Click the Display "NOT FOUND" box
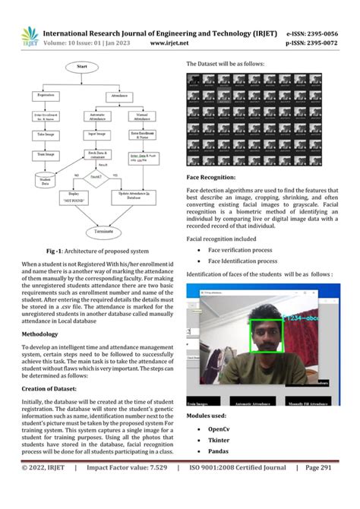[79, 195]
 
